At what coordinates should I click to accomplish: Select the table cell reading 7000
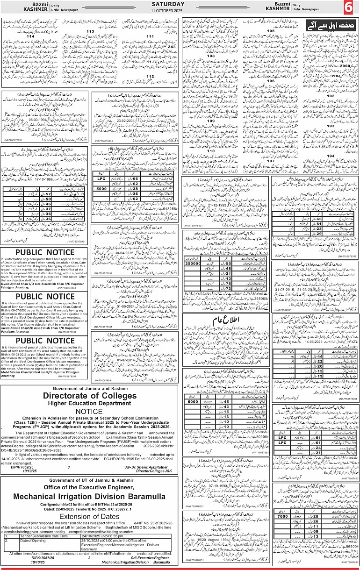click(282, 516)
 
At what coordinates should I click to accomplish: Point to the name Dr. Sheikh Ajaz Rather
click(145, 466)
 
